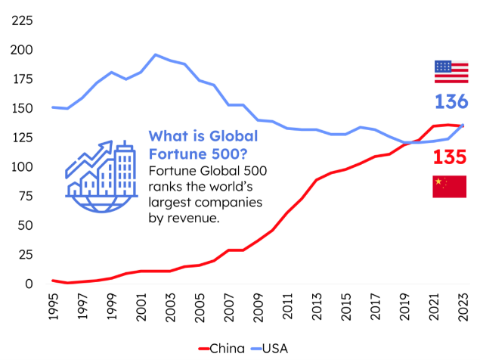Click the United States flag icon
point(451,72)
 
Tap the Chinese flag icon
point(449,186)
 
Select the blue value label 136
point(451,102)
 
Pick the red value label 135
point(450,157)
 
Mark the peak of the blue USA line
point(156,54)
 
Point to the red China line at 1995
point(53,281)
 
